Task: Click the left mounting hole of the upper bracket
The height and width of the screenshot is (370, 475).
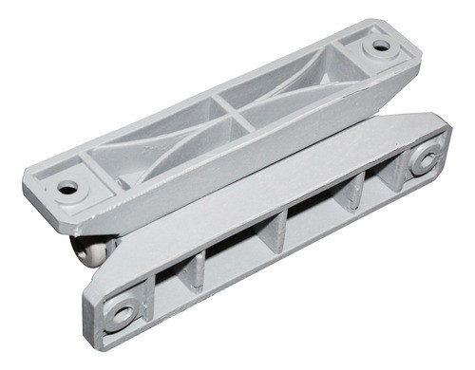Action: (x=67, y=188)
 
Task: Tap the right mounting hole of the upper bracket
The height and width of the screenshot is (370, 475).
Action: (x=381, y=45)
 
